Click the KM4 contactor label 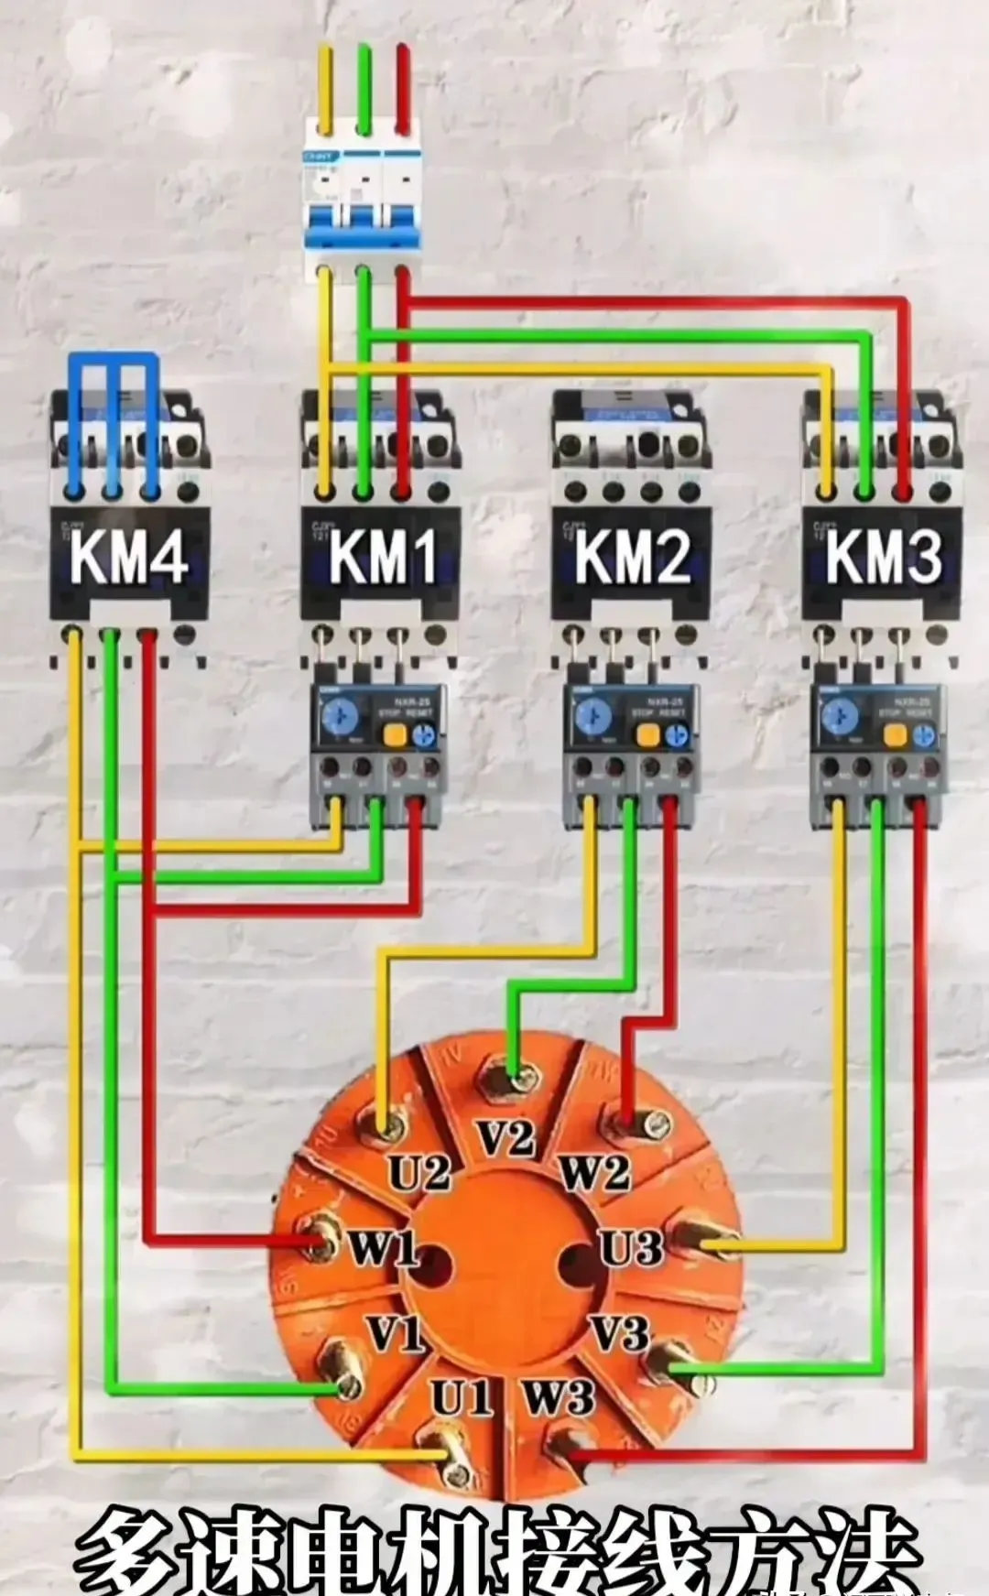tap(129, 557)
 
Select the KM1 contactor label tap(382, 557)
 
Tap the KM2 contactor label tap(633, 557)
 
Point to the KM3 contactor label tap(884, 557)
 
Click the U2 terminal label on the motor tap(419, 1173)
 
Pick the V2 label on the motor tap(506, 1139)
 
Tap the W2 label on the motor tap(595, 1173)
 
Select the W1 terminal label tap(383, 1247)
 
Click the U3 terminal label tap(630, 1247)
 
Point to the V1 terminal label tap(395, 1333)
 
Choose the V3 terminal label tap(620, 1333)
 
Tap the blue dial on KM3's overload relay tap(838, 717)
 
